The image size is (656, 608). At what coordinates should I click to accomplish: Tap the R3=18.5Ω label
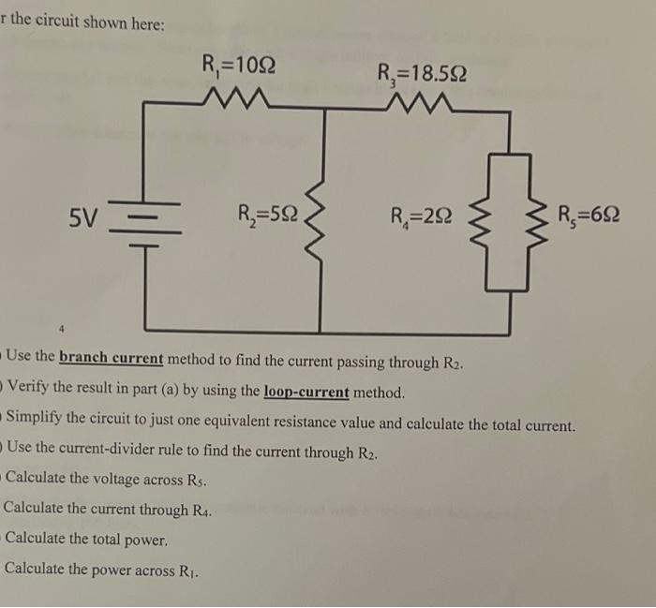pos(422,72)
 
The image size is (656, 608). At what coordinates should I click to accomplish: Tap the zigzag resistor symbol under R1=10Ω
pos(238,96)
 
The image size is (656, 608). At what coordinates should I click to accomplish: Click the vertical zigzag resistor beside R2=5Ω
pos(324,221)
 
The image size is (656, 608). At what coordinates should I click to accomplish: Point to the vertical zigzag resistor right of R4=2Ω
pos(486,223)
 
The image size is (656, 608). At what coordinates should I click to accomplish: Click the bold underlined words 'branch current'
pos(111,360)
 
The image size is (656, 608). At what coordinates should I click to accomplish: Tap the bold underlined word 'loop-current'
pos(306,392)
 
